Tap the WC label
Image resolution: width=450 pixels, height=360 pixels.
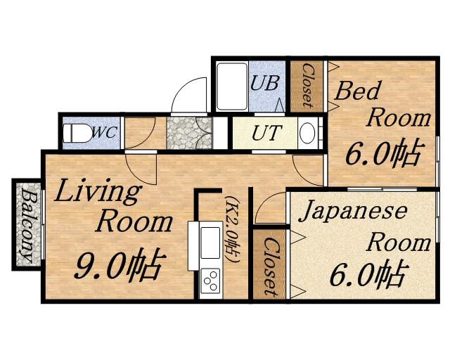tap(105, 133)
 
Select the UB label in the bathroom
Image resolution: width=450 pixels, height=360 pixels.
tap(264, 83)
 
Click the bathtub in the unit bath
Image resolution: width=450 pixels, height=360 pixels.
tap(232, 86)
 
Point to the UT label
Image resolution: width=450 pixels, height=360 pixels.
tap(266, 133)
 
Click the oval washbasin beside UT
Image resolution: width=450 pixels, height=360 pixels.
tap(307, 133)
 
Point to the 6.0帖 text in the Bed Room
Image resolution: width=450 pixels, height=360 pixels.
tap(384, 153)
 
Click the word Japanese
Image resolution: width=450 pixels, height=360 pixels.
tap(353, 212)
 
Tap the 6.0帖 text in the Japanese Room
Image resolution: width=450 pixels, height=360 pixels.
tap(368, 274)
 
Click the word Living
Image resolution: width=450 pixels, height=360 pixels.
tap(98, 191)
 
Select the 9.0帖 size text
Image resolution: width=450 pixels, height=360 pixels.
tap(120, 266)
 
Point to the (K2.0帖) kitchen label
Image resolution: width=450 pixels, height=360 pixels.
tap(232, 229)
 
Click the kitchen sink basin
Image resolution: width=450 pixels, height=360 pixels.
tap(210, 243)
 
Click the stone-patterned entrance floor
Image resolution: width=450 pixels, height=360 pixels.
tap(189, 133)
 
